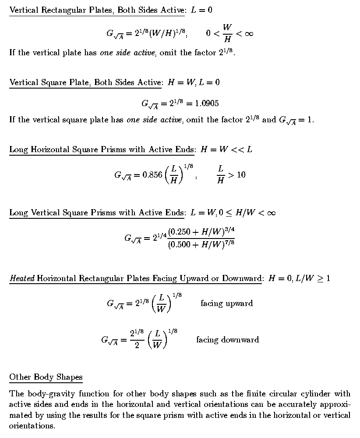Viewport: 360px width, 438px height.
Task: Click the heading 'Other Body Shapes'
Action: tap(46, 377)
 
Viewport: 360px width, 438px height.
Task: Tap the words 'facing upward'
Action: tap(226, 303)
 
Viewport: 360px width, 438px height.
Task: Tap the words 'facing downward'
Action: tap(227, 340)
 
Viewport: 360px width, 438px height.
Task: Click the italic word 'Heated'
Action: tap(22, 278)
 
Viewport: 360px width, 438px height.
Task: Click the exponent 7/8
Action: tap(229, 242)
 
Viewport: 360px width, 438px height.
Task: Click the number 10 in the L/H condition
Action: tap(241, 175)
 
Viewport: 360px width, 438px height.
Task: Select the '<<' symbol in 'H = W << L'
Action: tap(238, 150)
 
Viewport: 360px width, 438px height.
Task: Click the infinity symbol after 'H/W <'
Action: tap(271, 213)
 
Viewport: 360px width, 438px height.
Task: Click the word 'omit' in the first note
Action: tap(169, 53)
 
